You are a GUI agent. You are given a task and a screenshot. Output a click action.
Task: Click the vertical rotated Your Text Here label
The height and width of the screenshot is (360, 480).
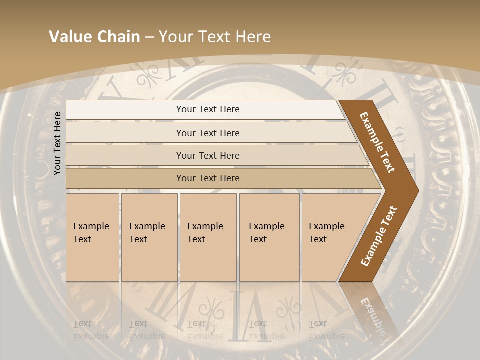coord(57,143)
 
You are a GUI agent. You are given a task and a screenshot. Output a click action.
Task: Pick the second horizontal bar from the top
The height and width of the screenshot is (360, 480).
coord(208,133)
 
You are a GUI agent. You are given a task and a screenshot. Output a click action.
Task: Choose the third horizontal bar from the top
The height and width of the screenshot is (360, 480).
coord(208,155)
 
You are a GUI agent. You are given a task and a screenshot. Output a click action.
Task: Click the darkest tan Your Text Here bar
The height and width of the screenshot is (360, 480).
coord(208,178)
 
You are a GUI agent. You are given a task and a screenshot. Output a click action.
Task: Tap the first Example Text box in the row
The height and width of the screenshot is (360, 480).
coord(92,237)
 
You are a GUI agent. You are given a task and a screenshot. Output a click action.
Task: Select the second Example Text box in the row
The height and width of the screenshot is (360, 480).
coord(149,237)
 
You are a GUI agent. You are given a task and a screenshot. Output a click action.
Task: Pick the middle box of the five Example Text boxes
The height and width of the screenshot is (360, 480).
coord(208,237)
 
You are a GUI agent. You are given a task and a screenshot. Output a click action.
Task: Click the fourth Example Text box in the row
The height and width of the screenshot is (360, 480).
coord(269,237)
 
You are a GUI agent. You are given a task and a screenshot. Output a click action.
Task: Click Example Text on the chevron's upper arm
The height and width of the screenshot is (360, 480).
coord(377,142)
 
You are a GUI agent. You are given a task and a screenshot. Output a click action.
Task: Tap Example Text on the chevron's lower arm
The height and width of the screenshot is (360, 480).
coord(378,236)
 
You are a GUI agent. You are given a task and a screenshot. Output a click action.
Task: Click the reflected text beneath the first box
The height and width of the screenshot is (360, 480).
coord(91,330)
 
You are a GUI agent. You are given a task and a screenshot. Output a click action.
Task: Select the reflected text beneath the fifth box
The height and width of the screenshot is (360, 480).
coord(326,330)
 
